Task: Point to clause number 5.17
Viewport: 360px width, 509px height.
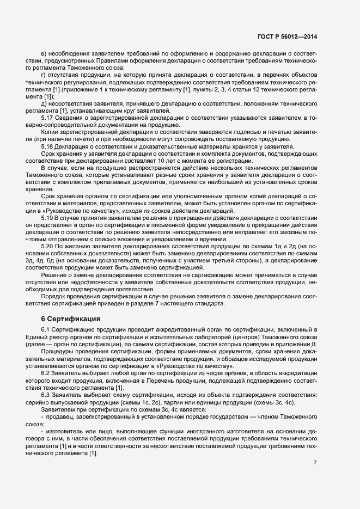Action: [x=48, y=118]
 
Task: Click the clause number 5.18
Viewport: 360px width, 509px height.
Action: [x=48, y=146]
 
